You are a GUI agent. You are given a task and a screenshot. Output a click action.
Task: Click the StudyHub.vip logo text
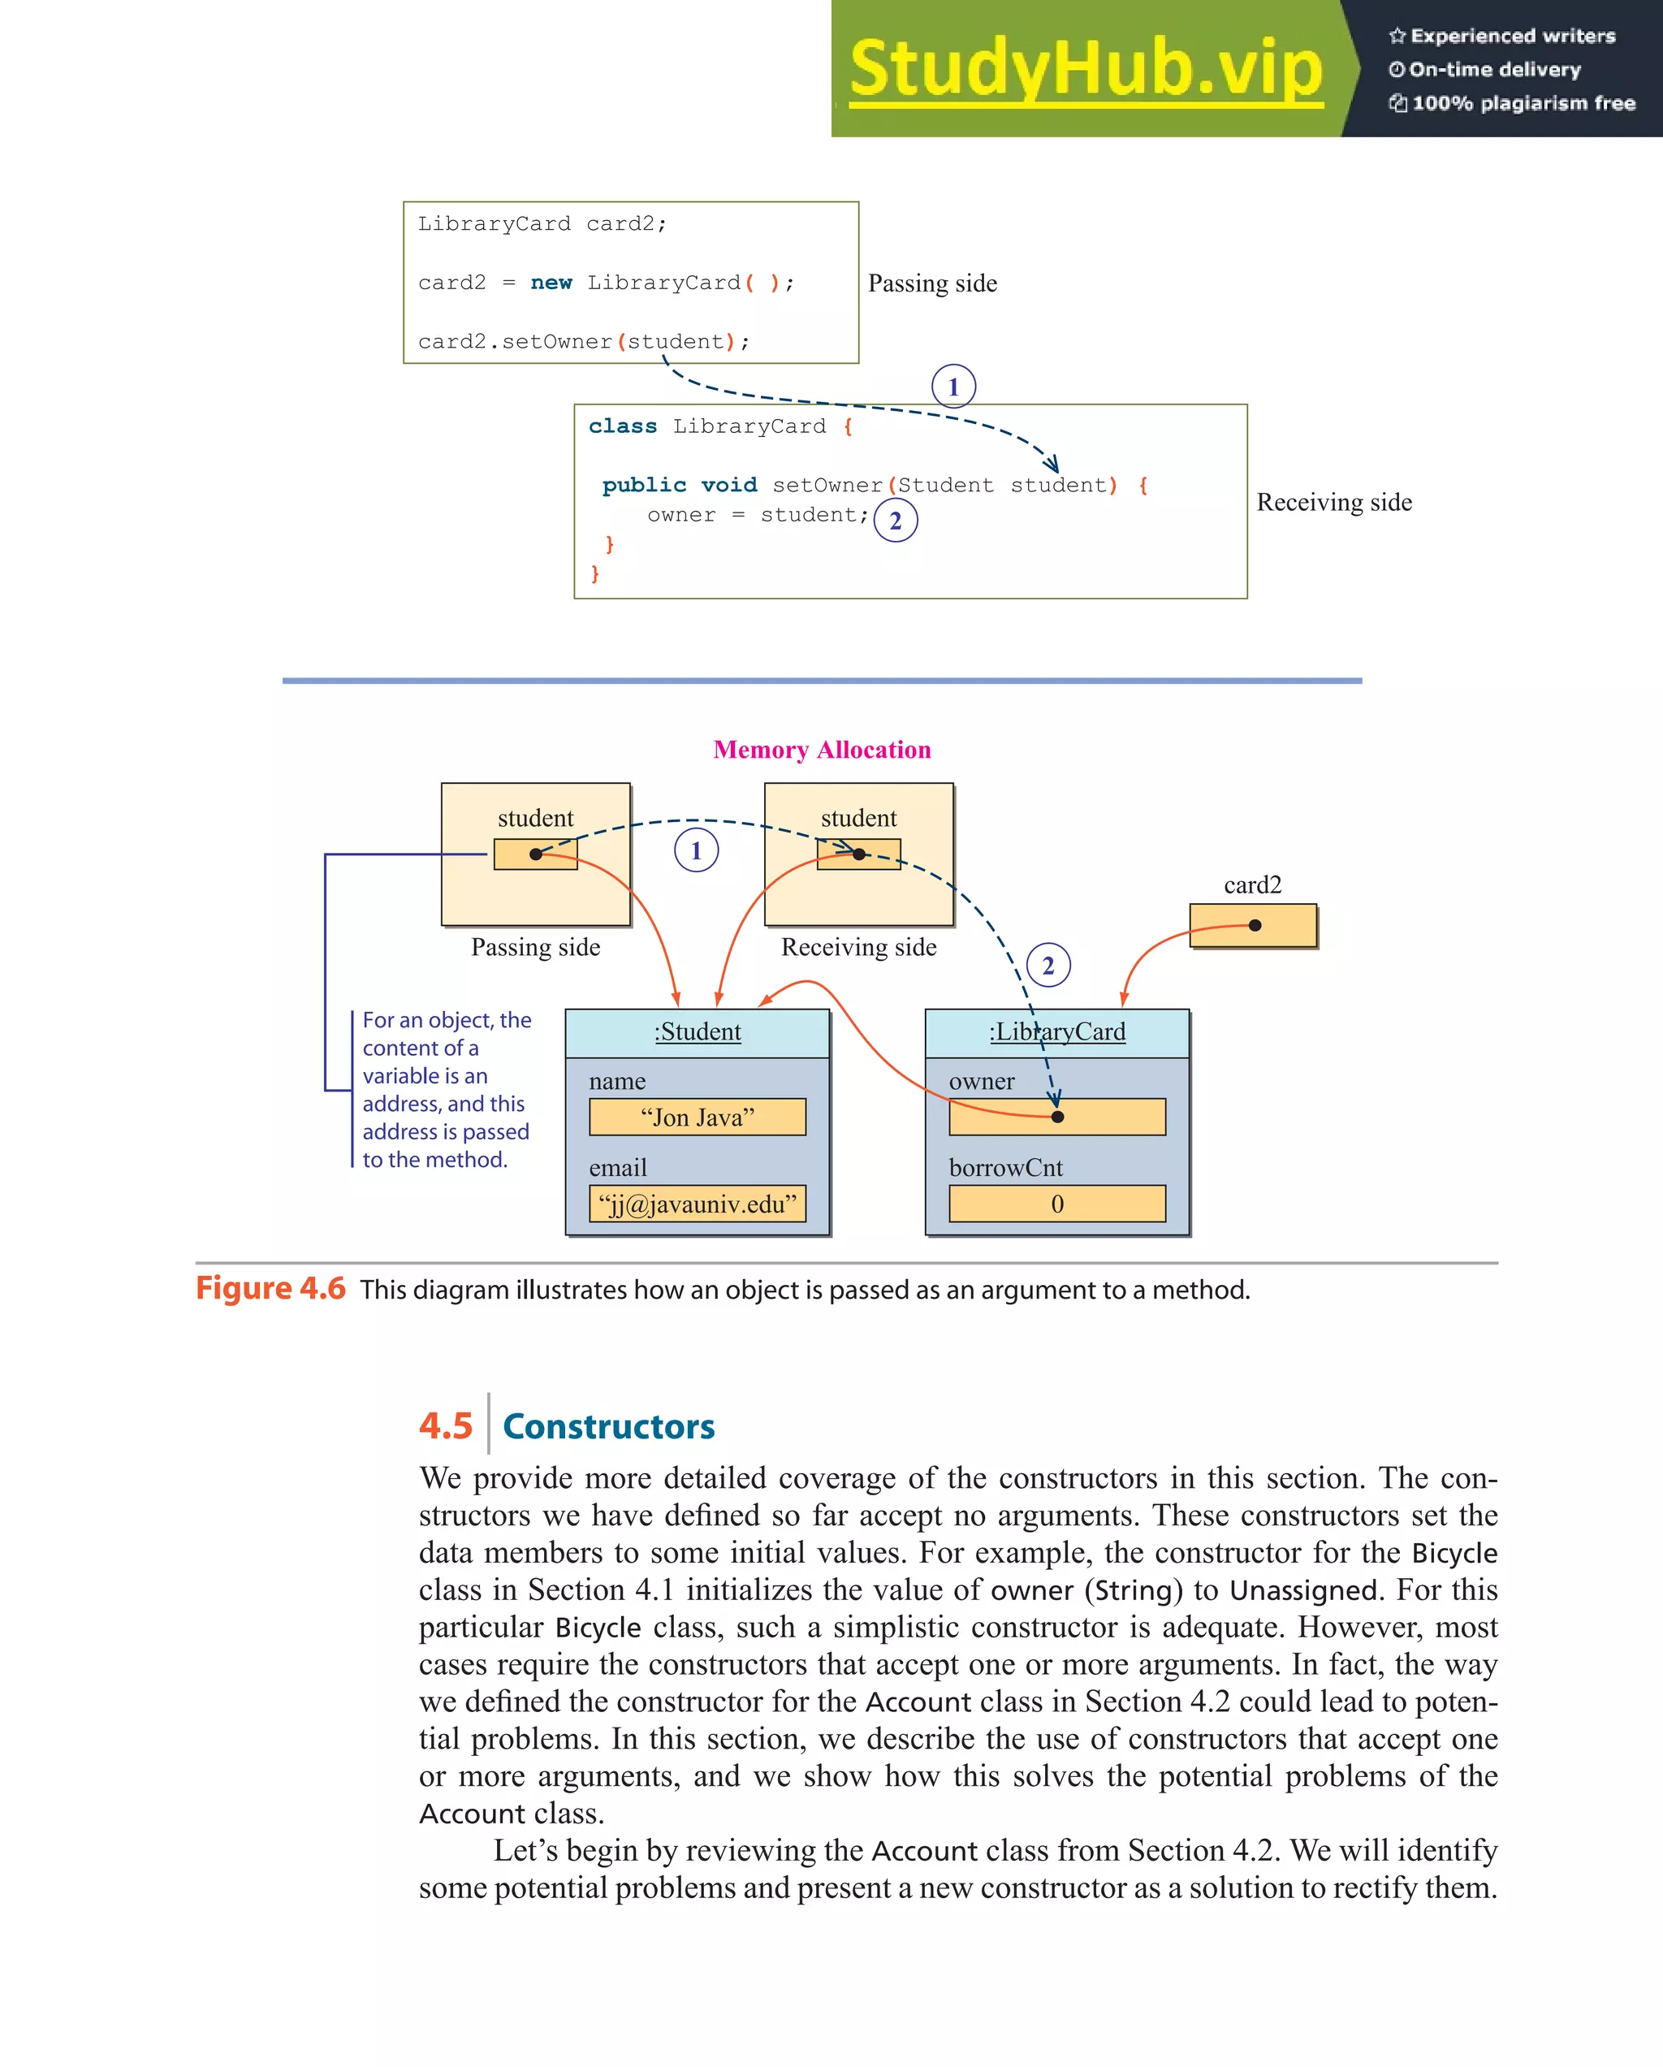(1085, 69)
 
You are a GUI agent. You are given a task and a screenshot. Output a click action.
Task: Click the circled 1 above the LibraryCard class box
(952, 387)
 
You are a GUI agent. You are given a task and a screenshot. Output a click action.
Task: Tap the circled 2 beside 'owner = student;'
(895, 521)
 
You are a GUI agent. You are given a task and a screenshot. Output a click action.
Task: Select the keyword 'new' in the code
(551, 283)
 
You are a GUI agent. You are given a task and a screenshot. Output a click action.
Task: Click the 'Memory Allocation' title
(822, 750)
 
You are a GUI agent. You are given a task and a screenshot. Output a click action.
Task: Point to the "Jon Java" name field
(697, 1117)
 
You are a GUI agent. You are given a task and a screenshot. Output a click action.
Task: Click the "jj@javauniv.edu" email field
(697, 1204)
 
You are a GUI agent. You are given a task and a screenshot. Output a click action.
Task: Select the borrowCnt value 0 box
(1056, 1204)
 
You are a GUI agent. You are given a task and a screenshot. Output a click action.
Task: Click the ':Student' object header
(697, 1032)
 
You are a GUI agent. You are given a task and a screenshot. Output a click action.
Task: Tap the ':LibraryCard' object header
(1056, 1032)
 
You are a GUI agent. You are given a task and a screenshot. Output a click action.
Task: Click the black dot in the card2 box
(1255, 925)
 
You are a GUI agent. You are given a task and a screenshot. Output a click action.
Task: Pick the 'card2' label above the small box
(1252, 885)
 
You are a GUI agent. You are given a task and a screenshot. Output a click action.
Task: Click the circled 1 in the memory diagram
(696, 850)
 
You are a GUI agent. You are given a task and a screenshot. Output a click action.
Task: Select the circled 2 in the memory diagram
(1047, 966)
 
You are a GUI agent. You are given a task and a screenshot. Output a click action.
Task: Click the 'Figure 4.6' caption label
(270, 1288)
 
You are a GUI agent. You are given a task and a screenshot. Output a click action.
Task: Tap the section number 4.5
(446, 1425)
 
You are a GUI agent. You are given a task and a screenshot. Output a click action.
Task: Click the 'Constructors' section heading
(609, 1426)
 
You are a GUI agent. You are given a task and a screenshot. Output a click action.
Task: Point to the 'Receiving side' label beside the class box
(1333, 503)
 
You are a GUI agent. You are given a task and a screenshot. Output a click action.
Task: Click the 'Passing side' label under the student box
(535, 947)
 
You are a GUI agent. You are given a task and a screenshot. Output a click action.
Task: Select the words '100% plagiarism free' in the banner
(1523, 103)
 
